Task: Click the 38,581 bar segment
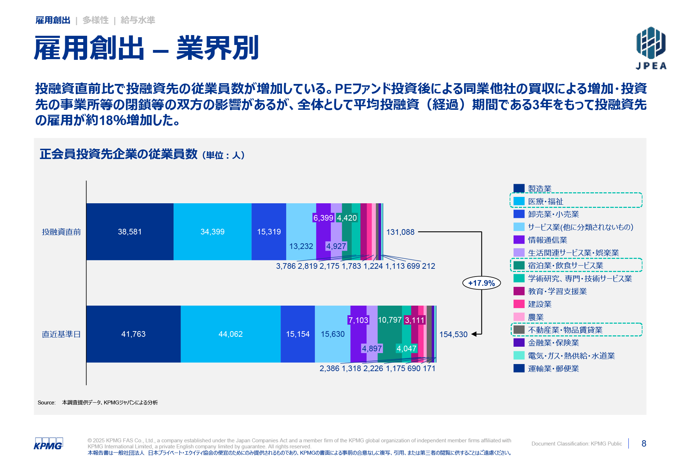(x=130, y=232)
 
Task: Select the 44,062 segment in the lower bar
(x=231, y=334)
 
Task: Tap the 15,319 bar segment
(x=269, y=232)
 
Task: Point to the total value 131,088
(x=400, y=232)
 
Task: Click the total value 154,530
(x=453, y=335)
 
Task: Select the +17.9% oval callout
(x=481, y=283)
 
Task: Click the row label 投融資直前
(x=61, y=232)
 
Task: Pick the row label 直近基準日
(x=61, y=334)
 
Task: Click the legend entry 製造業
(x=539, y=189)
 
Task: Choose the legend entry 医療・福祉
(x=545, y=202)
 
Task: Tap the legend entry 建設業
(x=539, y=304)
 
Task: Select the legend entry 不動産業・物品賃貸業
(x=565, y=330)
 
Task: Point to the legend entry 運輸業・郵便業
(x=553, y=369)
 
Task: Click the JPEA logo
(x=651, y=48)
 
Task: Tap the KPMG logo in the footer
(x=48, y=444)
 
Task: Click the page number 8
(x=644, y=444)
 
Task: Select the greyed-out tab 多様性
(x=95, y=20)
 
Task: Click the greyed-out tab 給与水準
(x=138, y=20)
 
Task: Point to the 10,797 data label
(x=390, y=320)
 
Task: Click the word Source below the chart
(x=46, y=403)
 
